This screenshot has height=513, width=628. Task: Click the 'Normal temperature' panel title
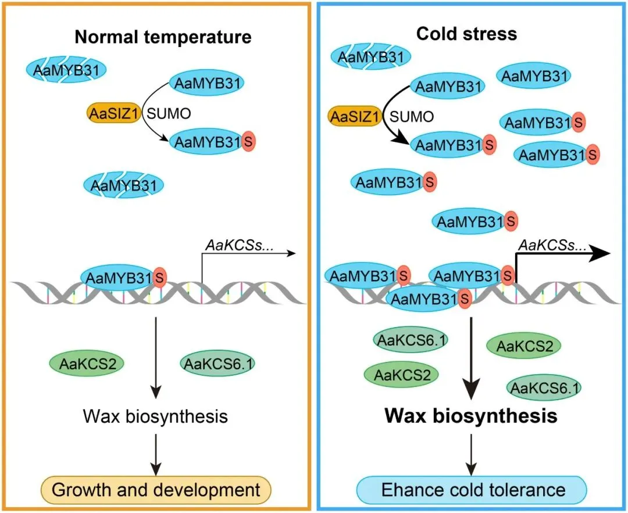tap(162, 37)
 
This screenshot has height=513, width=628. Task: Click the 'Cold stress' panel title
tap(466, 33)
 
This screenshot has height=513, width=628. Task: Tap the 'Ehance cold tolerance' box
tap(473, 489)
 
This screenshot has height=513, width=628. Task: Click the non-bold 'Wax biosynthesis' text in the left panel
tap(155, 416)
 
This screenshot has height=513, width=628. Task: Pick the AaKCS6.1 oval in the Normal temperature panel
tap(219, 364)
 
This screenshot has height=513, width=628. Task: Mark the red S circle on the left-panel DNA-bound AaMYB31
tap(159, 277)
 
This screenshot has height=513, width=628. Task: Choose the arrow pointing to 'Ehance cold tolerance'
tap(472, 453)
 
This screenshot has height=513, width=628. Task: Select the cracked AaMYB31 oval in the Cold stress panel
tap(371, 57)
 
